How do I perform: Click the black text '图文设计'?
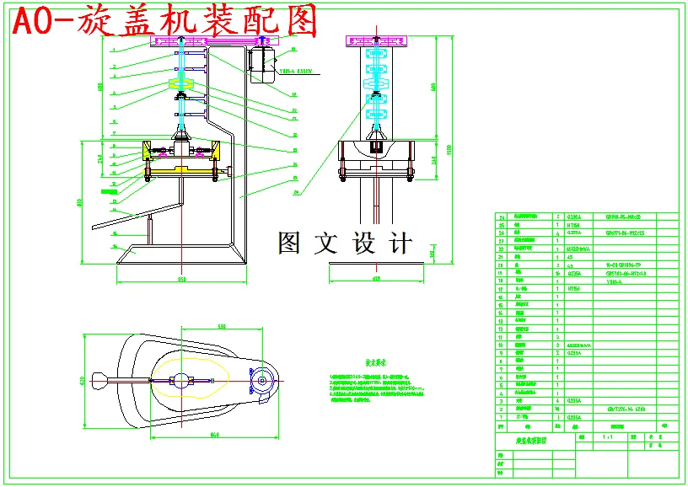click(x=346, y=243)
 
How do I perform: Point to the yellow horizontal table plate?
click(x=182, y=174)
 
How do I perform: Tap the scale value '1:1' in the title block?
click(x=608, y=438)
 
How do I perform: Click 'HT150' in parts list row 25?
click(x=573, y=225)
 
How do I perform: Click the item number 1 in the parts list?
click(x=502, y=416)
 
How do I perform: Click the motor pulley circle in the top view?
click(x=263, y=381)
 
